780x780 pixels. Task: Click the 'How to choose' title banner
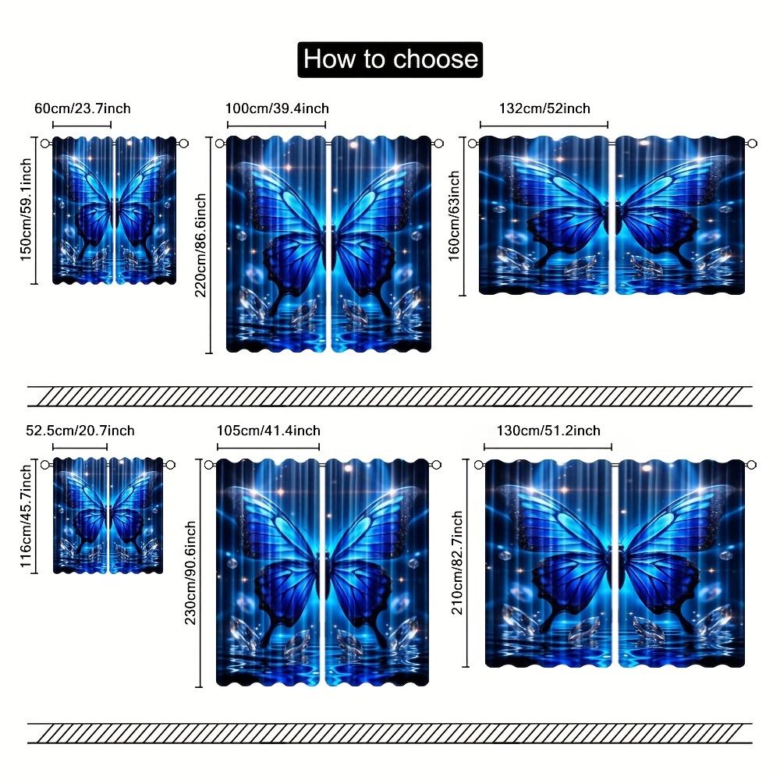(x=390, y=59)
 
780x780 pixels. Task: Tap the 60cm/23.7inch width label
(x=83, y=108)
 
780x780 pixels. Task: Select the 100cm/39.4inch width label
(x=277, y=108)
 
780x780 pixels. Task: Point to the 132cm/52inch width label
(x=544, y=108)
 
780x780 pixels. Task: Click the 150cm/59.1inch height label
(x=26, y=209)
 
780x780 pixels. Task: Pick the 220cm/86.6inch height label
(x=200, y=245)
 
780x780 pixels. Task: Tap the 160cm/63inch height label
(x=454, y=215)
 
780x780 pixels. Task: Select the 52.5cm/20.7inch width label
(x=80, y=431)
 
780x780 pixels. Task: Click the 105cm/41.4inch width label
(x=268, y=431)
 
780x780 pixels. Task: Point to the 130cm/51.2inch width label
(x=548, y=431)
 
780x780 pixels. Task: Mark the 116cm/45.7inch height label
(x=26, y=516)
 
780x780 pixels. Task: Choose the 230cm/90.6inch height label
(x=190, y=573)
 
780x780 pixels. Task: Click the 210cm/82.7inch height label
(x=457, y=562)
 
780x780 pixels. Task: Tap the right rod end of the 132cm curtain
(x=752, y=144)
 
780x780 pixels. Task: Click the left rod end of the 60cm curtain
(x=45, y=144)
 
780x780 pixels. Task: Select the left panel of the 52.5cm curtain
(x=80, y=516)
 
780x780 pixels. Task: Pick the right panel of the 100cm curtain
(x=381, y=244)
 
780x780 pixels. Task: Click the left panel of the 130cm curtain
(x=548, y=563)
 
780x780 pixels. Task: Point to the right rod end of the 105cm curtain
(x=436, y=465)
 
